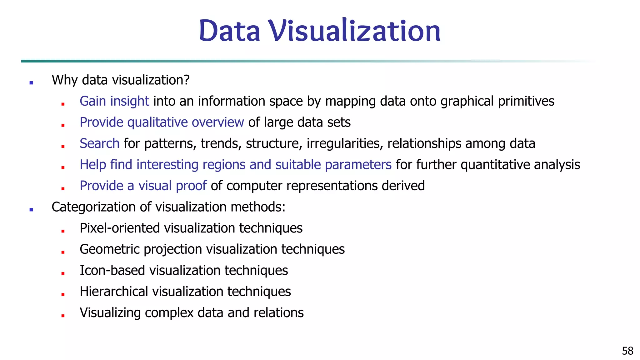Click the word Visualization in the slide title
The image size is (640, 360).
click(x=355, y=31)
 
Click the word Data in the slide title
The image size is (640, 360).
click(x=230, y=31)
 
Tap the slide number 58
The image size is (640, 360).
click(x=627, y=351)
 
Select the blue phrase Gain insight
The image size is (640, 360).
click(x=114, y=101)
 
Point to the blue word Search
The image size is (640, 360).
click(x=99, y=143)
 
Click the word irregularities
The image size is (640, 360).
click(x=345, y=143)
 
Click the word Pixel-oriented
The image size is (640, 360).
click(x=120, y=228)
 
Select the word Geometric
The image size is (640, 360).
click(x=110, y=249)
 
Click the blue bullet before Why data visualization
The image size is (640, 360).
click(x=31, y=83)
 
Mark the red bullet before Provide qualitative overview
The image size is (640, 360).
click(x=63, y=125)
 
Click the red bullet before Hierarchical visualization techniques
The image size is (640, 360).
click(x=63, y=294)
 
